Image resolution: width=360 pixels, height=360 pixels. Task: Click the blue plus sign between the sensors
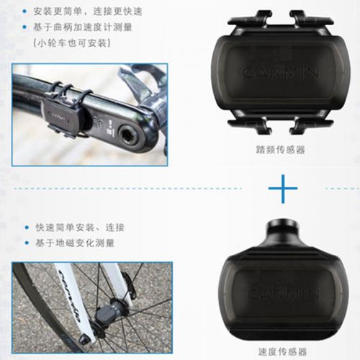(x=281, y=189)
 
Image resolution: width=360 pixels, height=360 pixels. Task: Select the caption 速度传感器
(x=282, y=352)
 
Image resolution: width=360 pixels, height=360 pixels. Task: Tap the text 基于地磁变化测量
(x=75, y=243)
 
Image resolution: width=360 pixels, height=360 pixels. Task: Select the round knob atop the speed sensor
(x=281, y=231)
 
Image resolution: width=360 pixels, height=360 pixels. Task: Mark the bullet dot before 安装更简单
(x=25, y=12)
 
